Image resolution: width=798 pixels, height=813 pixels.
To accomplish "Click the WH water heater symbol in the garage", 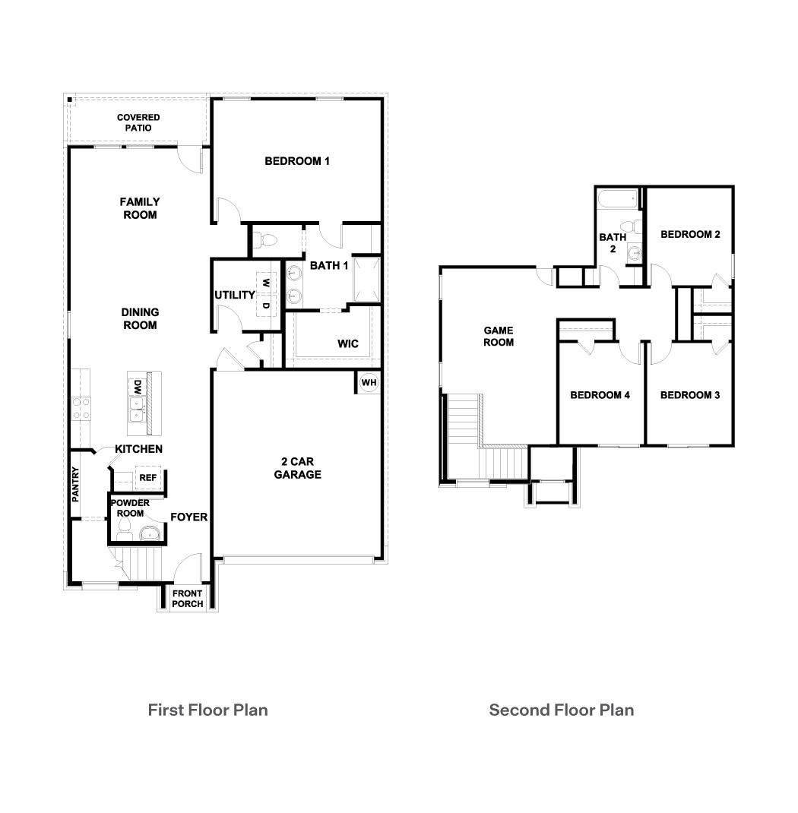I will coord(369,382).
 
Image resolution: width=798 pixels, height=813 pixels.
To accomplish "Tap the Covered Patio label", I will coord(138,122).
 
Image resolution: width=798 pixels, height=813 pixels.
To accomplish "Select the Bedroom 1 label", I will coord(296,161).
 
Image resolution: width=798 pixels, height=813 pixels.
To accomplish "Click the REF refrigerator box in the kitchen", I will coord(147,478).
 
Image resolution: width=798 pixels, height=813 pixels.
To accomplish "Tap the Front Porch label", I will coord(188,599).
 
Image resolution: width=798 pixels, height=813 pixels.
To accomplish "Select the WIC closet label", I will coord(348,344).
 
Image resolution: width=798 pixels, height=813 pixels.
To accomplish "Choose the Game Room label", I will coord(499,336).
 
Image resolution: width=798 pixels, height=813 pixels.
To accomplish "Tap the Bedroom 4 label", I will coord(600,395).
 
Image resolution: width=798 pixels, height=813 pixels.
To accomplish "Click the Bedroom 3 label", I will coord(690,395).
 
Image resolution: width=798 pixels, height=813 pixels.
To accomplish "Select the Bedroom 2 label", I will coord(690,234).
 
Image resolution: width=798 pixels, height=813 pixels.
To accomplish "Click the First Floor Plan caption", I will coord(207,710).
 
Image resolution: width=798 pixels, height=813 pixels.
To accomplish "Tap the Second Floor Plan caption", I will coord(561,710).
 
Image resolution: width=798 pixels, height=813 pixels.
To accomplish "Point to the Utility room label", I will coord(234,295).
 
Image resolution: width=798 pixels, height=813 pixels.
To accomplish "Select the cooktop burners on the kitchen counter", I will coord(81,408).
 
